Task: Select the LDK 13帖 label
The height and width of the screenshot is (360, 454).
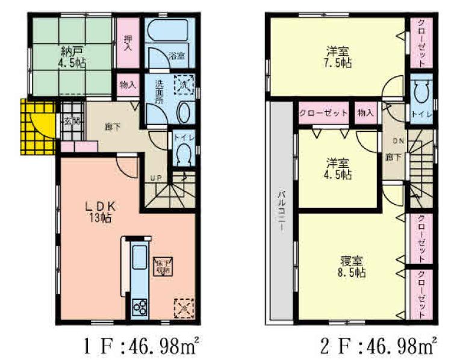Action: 99,211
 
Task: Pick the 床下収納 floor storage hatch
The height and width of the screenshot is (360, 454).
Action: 164,265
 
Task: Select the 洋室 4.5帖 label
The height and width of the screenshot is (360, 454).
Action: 340,169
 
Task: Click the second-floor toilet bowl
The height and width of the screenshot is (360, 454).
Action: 421,95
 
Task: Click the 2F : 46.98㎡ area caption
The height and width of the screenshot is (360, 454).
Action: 379,346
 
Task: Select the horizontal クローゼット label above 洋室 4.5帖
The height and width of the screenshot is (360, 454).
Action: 323,113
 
